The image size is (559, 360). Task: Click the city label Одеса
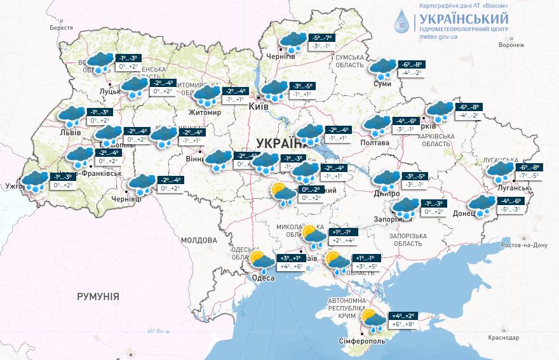coord(264,278)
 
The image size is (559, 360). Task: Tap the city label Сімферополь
coord(362,342)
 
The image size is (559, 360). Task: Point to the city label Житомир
coord(204,112)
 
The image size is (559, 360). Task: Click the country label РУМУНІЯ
coord(98,297)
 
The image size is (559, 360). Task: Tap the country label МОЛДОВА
coord(199,241)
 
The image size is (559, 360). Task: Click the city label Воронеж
coord(511,45)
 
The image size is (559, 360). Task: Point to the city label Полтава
coord(375,143)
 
